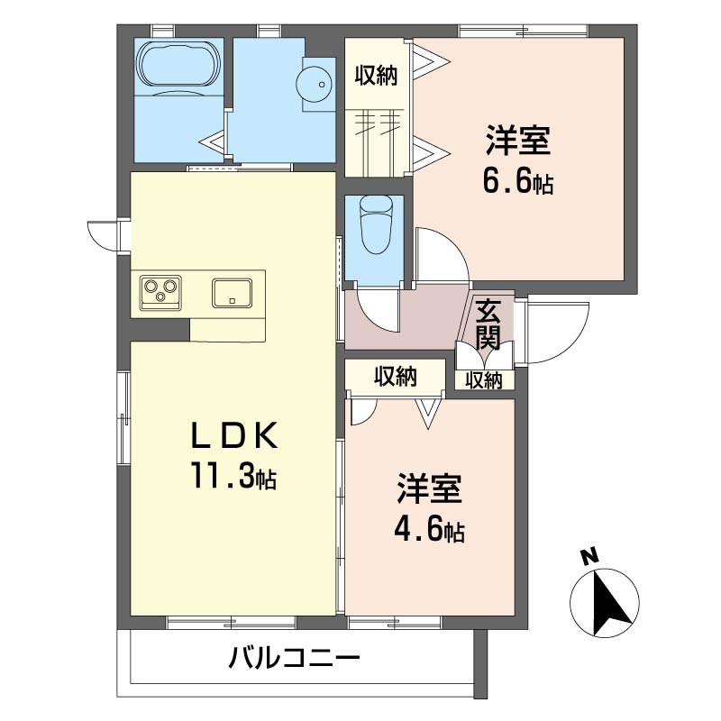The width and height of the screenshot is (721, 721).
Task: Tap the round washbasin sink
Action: [314, 84]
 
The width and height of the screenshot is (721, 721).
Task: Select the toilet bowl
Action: [375, 224]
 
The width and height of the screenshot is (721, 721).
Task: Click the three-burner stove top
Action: [160, 292]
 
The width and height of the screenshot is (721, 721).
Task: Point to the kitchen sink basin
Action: [232, 292]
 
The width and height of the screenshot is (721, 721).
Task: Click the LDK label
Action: [234, 435]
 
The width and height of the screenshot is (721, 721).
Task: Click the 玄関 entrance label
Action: [488, 324]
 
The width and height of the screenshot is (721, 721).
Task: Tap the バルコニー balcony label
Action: [295, 658]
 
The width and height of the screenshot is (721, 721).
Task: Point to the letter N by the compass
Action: [589, 556]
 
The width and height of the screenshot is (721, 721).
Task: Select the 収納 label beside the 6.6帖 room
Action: [376, 75]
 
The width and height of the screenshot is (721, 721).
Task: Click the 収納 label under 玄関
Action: [484, 380]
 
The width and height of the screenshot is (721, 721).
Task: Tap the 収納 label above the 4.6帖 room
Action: [396, 377]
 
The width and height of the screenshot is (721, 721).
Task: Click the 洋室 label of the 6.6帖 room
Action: [518, 140]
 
